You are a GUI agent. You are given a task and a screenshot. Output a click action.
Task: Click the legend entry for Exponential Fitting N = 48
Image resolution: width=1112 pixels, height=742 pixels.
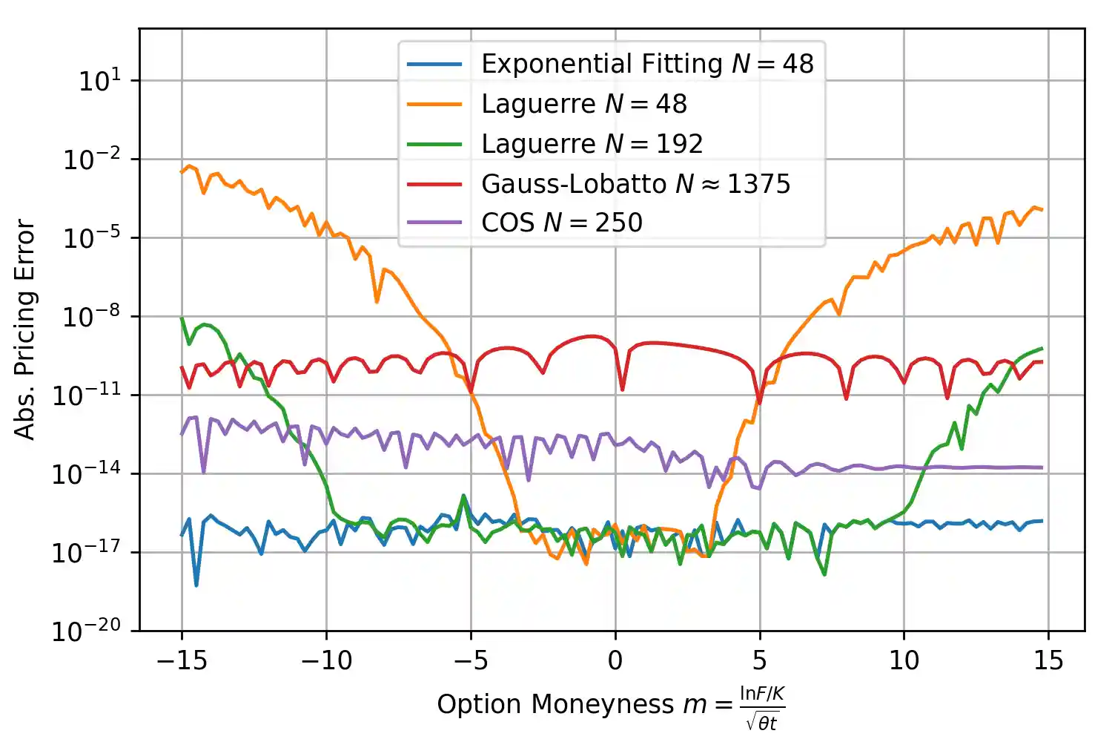[x=647, y=64]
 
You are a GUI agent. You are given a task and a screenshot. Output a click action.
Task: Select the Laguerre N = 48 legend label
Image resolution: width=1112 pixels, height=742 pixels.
[x=584, y=104]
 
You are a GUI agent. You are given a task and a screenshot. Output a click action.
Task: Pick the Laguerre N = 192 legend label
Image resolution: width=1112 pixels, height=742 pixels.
[x=592, y=143]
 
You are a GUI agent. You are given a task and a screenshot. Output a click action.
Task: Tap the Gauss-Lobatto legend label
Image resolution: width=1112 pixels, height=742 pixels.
[x=635, y=183]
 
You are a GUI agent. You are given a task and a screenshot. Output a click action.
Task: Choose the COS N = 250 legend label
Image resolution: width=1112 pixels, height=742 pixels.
[x=561, y=223]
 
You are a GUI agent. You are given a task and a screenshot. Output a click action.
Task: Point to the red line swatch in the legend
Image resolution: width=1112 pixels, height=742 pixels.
[x=434, y=183]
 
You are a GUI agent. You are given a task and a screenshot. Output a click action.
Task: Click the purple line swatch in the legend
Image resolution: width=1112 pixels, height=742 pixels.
[x=434, y=223]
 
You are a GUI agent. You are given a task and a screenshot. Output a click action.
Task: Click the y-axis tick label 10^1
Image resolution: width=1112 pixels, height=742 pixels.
[x=99, y=80]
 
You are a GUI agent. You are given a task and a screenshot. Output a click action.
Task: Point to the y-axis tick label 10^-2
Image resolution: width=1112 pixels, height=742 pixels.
[x=91, y=160]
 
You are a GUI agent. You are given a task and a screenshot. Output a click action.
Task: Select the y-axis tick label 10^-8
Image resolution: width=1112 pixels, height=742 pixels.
[x=91, y=317]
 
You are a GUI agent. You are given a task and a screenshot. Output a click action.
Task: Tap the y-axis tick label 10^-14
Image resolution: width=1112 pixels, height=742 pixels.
[x=86, y=473]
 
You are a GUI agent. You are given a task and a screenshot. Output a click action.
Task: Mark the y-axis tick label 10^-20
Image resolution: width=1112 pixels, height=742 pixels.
[x=86, y=631]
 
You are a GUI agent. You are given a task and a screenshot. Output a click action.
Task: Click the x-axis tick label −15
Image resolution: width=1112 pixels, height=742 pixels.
[x=182, y=660]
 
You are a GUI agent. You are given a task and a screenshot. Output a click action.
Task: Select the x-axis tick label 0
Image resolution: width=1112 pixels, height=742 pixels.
[x=615, y=660]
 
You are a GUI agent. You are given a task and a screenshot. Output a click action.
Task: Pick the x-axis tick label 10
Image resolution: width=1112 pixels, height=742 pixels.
[x=904, y=660]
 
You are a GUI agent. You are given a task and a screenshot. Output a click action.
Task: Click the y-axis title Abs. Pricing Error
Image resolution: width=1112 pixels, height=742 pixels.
[x=25, y=329]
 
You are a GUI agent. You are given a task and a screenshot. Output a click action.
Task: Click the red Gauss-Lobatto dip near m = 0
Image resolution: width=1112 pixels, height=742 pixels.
[x=622, y=389]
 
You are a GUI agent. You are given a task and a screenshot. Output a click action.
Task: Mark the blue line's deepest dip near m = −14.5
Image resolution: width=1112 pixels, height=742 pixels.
[x=196, y=585]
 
